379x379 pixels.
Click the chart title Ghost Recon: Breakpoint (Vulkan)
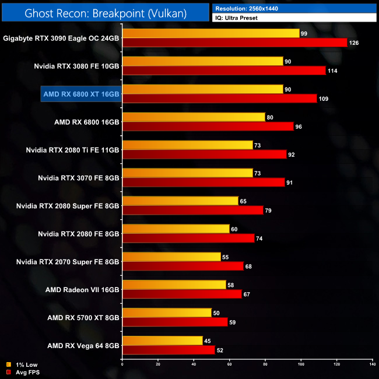tap(105, 13)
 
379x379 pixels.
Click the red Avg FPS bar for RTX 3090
tap(234, 43)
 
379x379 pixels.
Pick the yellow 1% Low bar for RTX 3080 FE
tap(202, 61)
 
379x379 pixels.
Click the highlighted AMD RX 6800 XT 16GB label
tap(81, 93)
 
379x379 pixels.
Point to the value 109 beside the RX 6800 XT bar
tap(324, 99)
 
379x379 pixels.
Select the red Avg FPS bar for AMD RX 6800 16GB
tap(208, 127)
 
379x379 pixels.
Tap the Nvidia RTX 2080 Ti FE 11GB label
tap(72, 150)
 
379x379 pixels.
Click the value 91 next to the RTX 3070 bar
tap(290, 183)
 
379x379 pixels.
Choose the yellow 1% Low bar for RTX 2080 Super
tap(180, 201)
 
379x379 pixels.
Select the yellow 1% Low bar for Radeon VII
tap(174, 285)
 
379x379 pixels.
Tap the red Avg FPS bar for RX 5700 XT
tap(174, 322)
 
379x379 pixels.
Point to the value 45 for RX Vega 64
tap(208, 341)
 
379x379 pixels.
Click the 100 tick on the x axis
tap(301, 365)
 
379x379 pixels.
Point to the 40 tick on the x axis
tap(194, 365)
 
